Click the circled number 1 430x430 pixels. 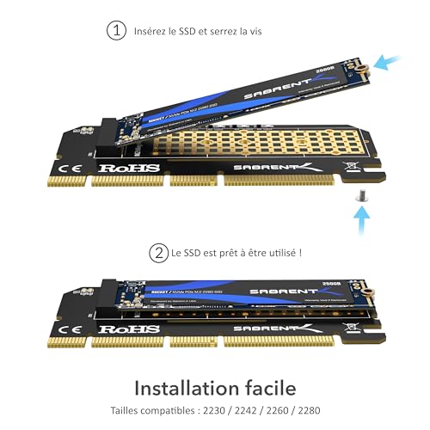pyautogui.click(x=115, y=31)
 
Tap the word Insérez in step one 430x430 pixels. pyautogui.click(x=151, y=31)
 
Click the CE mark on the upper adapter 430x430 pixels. pyautogui.click(x=75, y=166)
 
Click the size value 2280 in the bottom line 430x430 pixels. pyautogui.click(x=315, y=412)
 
